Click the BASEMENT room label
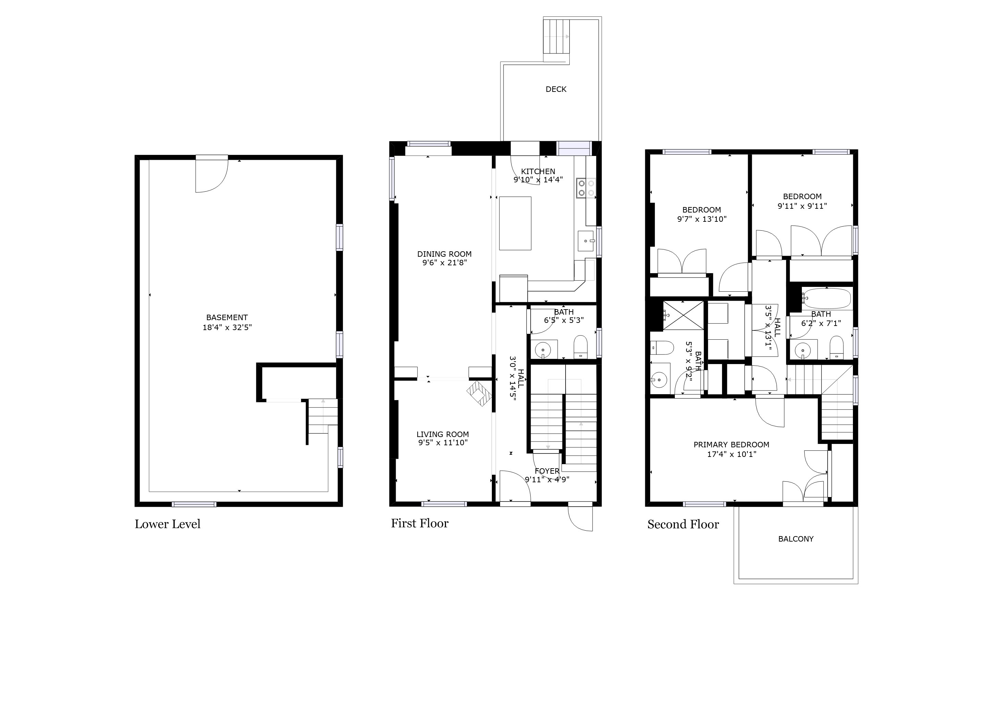click(x=227, y=317)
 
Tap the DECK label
click(x=556, y=89)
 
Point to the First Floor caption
click(x=420, y=523)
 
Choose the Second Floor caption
click(x=683, y=524)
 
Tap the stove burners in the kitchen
click(x=586, y=188)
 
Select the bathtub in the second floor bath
click(x=827, y=299)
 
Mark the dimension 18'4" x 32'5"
click(x=227, y=327)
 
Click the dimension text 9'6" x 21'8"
click(x=445, y=262)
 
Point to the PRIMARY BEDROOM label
click(x=731, y=444)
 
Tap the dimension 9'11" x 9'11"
click(x=802, y=206)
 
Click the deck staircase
click(x=557, y=40)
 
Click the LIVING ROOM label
click(x=443, y=434)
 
